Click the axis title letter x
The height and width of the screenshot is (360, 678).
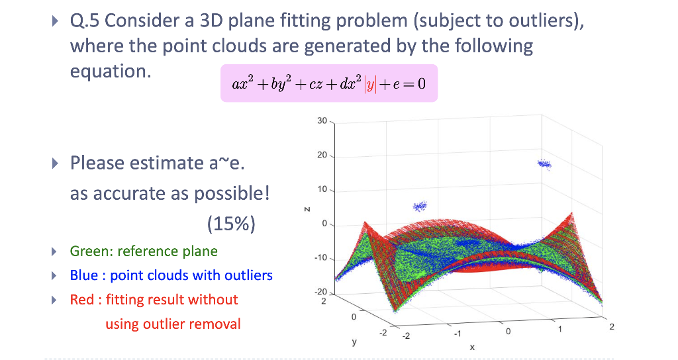(471, 347)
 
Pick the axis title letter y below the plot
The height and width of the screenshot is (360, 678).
(354, 343)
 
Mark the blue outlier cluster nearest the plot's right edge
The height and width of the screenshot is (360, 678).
(544, 163)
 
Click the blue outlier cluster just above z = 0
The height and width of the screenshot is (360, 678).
(420, 206)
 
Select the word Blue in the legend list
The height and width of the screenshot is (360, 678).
(84, 275)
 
